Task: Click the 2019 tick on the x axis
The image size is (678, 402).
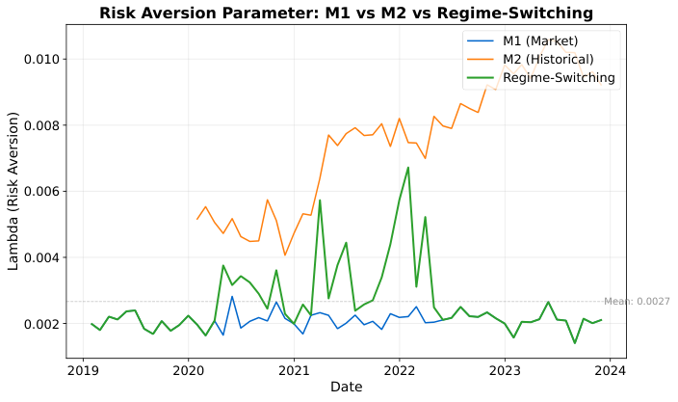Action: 82,369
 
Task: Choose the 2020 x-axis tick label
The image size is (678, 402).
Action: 188,369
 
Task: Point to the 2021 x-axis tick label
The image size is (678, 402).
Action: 294,369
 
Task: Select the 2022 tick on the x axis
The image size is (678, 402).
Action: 399,369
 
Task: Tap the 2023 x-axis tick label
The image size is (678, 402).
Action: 505,369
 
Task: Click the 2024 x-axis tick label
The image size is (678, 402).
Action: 611,369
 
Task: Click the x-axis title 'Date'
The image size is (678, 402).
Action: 346,387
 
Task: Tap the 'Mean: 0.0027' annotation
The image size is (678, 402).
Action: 637,302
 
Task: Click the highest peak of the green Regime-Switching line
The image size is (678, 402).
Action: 407,168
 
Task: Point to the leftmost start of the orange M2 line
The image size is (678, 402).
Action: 196,219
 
